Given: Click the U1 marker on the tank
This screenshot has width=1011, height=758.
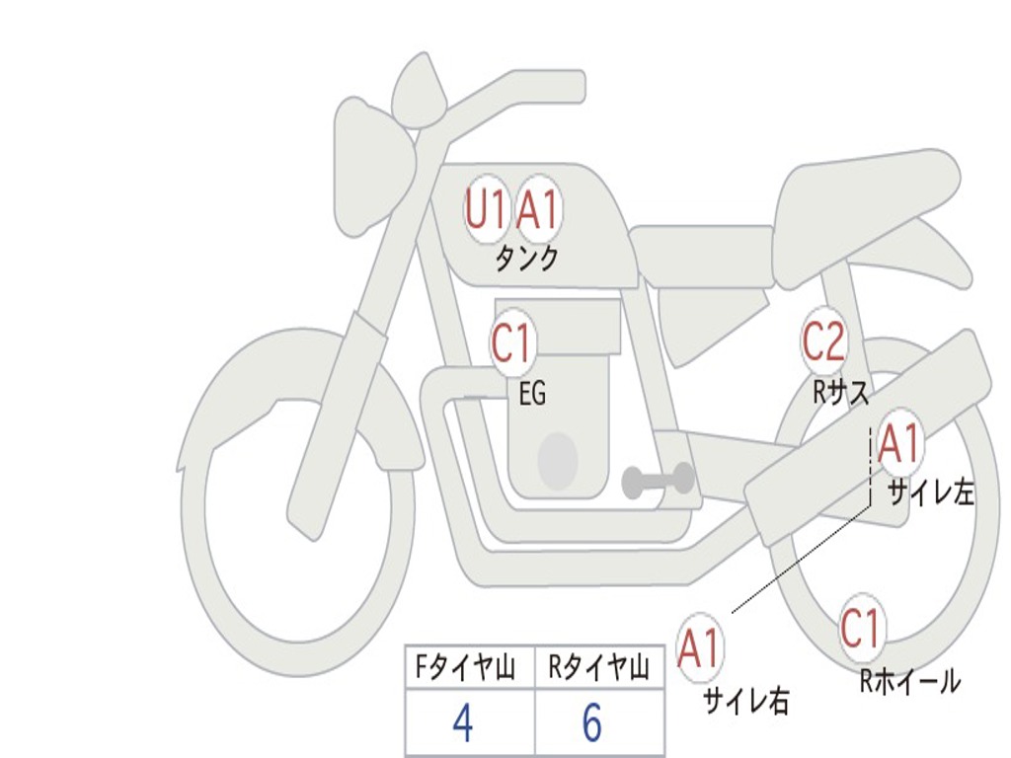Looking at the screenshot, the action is click(486, 209).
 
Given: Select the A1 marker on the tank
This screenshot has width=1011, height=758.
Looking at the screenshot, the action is click(538, 209).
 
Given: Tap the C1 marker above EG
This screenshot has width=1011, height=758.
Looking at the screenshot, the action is click(512, 341).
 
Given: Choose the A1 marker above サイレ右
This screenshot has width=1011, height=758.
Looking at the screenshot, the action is click(699, 647).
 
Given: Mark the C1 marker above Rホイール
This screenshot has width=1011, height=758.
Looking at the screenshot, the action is click(861, 628).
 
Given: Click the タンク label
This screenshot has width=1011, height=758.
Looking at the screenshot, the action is click(527, 258).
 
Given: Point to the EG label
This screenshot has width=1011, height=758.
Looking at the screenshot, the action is click(532, 393).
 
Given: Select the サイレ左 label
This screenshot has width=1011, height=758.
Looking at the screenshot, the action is click(930, 493).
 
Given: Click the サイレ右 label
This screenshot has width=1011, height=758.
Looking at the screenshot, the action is click(746, 701).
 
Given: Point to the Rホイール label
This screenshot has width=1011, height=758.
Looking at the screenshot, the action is click(909, 681).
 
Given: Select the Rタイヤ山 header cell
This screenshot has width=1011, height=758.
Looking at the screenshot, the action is click(599, 667).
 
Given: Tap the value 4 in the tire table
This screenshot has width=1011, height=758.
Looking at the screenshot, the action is click(463, 722).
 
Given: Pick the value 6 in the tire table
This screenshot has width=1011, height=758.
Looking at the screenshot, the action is click(592, 722).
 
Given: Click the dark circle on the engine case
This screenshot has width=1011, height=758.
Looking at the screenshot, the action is click(558, 460).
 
